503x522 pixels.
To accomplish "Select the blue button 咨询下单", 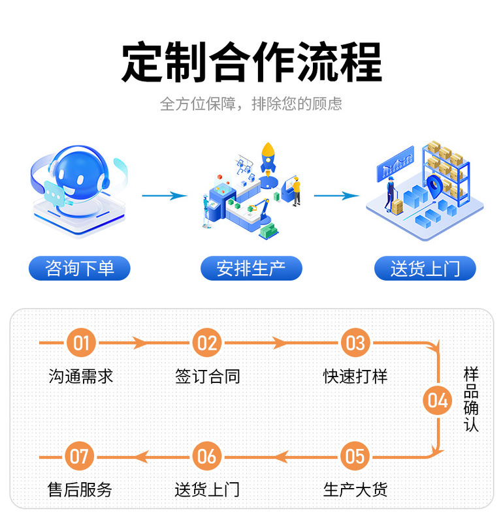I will [80, 268].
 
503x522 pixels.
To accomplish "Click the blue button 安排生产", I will [252, 268].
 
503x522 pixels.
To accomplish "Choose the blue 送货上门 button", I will [425, 268].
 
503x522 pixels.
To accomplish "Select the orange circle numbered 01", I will [80, 343].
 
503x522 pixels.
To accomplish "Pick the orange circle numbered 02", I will [207, 343].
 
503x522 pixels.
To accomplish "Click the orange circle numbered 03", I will [355, 343].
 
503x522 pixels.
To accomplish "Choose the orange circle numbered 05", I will [355, 456].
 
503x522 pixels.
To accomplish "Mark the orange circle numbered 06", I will [207, 456].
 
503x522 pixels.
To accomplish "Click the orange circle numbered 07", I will [80, 456].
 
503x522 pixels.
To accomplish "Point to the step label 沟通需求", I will [81, 376].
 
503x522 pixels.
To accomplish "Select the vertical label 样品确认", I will [471, 399].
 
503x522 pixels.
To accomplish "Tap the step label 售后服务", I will [80, 489].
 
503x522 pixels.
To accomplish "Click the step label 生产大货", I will [355, 489].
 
